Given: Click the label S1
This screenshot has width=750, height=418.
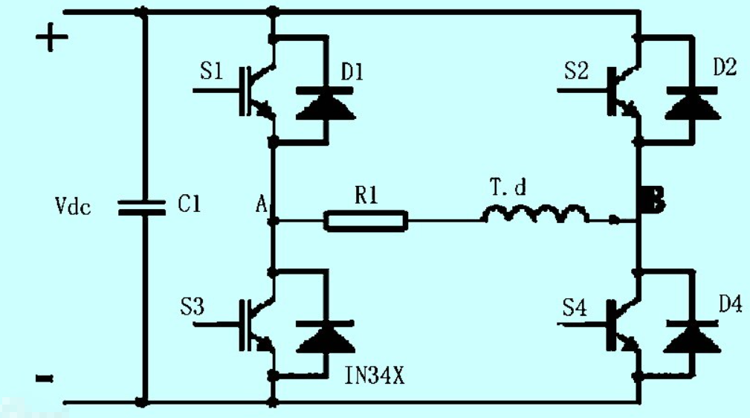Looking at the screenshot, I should (211, 72).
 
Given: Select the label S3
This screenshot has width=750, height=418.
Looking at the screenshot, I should (193, 306).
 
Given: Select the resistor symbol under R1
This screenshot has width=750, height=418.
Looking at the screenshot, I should (366, 220).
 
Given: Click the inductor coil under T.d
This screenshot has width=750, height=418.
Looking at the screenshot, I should (535, 215).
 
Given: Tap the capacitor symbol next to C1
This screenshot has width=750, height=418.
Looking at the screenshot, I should (143, 206).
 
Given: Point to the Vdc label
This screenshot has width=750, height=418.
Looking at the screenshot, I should (71, 207).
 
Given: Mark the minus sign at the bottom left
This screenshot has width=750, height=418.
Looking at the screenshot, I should (45, 378).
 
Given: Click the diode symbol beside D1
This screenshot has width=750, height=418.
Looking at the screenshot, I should (326, 103).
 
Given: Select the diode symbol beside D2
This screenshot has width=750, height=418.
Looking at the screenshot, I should (691, 103).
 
